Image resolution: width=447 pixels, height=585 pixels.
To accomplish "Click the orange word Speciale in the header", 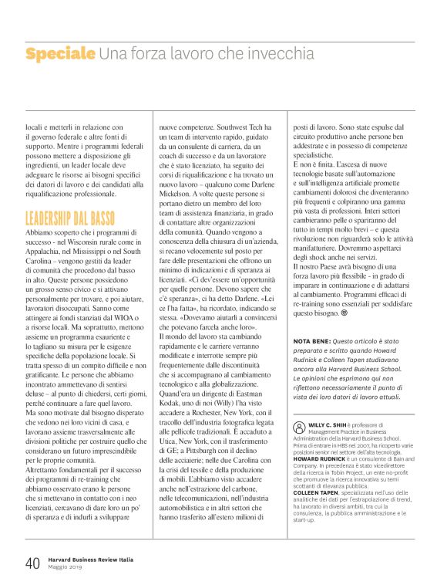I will (60, 54).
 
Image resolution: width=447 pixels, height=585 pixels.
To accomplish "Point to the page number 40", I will (32, 563).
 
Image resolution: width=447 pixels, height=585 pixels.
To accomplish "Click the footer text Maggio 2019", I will (69, 568).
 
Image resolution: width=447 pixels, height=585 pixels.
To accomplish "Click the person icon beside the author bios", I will (299, 427).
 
